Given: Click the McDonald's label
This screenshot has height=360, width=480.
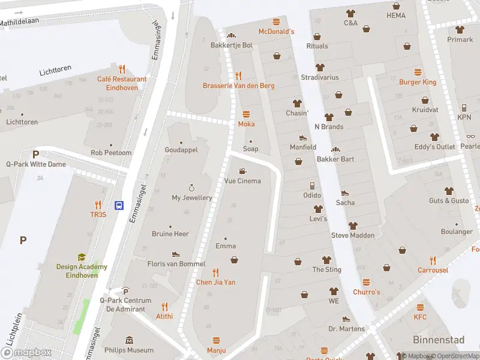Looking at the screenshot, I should [276, 31].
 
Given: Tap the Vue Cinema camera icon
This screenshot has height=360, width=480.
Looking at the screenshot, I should [242, 171].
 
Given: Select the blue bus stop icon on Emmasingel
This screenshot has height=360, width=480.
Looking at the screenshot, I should [119, 205].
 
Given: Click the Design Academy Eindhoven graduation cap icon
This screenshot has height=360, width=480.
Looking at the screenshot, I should [82, 257].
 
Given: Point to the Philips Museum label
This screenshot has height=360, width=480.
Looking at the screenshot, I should [129, 350].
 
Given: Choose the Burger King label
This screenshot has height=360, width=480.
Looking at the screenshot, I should [418, 82].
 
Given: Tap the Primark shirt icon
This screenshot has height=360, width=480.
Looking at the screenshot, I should [460, 29].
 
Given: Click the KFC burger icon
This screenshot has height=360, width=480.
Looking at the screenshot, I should [420, 307].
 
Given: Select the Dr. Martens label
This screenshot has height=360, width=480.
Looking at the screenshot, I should [346, 329].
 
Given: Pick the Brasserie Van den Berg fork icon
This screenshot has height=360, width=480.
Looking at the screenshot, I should [238, 76].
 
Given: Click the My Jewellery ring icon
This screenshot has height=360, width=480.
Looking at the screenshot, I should [192, 188].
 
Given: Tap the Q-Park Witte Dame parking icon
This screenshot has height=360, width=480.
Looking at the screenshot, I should [35, 154].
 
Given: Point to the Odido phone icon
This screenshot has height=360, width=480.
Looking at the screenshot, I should [312, 185].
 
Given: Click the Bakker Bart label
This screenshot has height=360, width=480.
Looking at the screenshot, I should [335, 159].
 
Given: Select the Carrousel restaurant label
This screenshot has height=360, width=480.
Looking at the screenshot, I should [433, 270].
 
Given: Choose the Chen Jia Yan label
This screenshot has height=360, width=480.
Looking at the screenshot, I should [216, 282].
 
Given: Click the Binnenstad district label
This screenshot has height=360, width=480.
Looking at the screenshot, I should [438, 340].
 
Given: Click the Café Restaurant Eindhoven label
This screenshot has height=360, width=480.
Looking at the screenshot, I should [122, 83].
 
